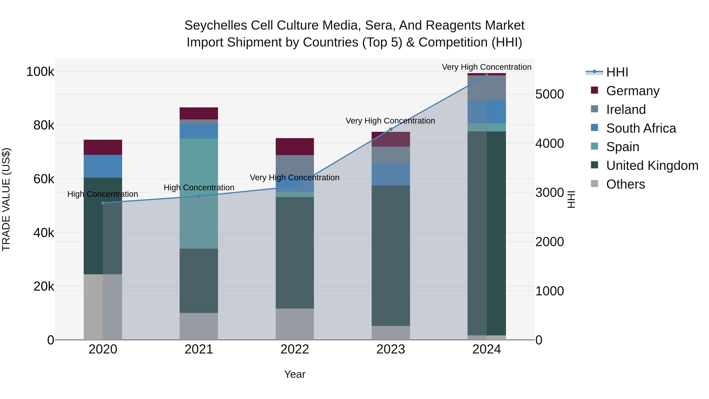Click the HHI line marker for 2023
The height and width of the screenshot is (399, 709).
[391, 129]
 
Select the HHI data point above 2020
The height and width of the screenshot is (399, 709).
[103, 203]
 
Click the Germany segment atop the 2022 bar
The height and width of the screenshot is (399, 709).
[295, 146]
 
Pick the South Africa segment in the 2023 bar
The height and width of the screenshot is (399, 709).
[391, 174]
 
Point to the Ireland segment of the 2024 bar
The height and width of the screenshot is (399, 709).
[487, 87]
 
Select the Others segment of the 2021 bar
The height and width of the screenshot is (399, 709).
[199, 326]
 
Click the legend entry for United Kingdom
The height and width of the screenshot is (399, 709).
[652, 166]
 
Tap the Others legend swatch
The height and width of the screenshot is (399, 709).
[595, 184]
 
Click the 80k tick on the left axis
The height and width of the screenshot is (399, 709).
[44, 125]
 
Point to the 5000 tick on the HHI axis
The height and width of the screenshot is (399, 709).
[549, 94]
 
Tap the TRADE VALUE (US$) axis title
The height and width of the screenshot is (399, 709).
[6, 199]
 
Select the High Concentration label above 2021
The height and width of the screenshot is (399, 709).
[199, 188]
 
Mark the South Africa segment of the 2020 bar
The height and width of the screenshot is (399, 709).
[103, 166]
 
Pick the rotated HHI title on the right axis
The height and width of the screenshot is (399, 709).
[571, 199]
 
